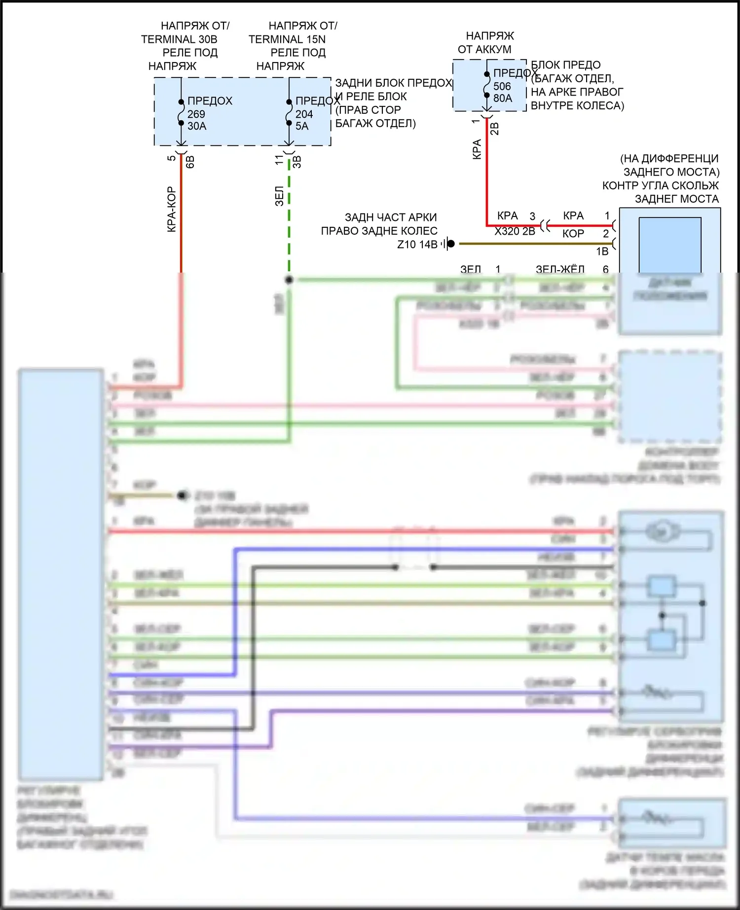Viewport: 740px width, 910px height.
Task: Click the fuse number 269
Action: (x=196, y=114)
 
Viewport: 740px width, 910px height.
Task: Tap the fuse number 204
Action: (x=304, y=114)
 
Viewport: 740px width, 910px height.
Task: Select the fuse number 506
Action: (x=502, y=86)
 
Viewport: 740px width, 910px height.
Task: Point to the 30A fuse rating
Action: (x=196, y=126)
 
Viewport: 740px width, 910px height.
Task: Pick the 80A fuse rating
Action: (x=502, y=98)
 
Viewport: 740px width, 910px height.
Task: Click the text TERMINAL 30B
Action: (x=179, y=39)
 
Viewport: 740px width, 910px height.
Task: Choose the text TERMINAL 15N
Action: (x=287, y=39)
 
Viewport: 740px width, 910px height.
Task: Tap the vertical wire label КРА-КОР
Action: (x=171, y=209)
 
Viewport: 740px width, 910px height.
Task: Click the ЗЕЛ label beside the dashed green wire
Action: (x=279, y=196)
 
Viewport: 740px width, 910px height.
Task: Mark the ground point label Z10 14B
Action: (x=417, y=245)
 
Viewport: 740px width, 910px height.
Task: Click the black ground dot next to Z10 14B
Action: (x=450, y=244)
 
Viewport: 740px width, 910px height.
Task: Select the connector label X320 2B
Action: (x=515, y=231)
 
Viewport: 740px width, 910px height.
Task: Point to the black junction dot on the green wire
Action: (x=289, y=280)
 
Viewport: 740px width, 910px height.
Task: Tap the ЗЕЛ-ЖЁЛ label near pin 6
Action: (x=560, y=269)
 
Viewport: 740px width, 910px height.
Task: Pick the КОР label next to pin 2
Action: (x=573, y=234)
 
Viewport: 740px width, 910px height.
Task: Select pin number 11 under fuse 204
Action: (x=279, y=160)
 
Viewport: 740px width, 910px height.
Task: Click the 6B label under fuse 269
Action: (x=190, y=162)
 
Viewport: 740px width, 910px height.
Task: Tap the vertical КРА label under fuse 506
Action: (x=477, y=149)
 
